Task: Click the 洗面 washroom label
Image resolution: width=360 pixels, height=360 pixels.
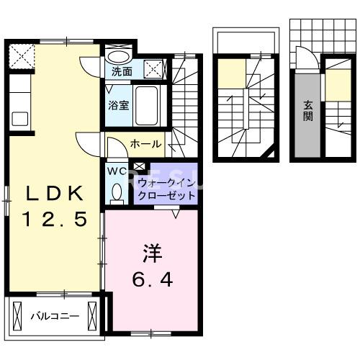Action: click(122, 71)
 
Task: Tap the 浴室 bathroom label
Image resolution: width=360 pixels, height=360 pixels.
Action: click(119, 104)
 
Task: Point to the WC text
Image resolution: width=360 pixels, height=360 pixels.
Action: click(117, 171)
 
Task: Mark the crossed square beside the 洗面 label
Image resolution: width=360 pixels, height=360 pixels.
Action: click(153, 69)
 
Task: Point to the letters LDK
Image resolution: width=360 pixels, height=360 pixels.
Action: click(56, 194)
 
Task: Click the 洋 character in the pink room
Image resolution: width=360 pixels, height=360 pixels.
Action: click(151, 253)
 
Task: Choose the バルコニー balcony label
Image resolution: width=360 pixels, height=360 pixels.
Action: click(54, 315)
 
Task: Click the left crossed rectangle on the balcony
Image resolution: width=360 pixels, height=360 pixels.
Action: click(19, 315)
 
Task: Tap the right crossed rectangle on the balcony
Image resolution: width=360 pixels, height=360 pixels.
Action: click(92, 315)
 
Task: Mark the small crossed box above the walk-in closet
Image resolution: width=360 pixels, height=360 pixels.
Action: click(139, 168)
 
